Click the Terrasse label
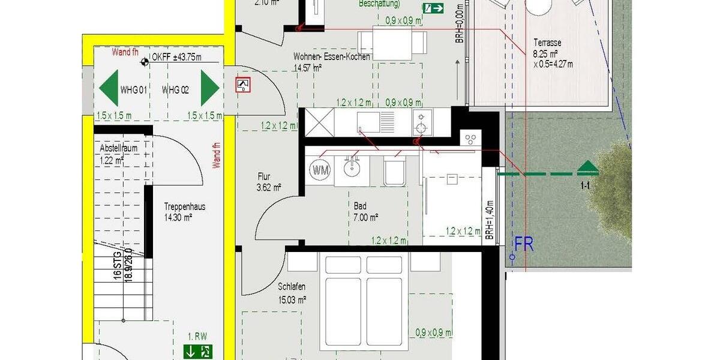[x=548, y=43]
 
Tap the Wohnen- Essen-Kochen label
[x=331, y=57]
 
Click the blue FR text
[x=524, y=244]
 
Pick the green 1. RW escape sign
[x=198, y=352]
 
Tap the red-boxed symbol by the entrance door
[x=243, y=85]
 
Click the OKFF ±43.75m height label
[x=176, y=58]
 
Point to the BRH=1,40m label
[x=490, y=220]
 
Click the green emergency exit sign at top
[x=433, y=8]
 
